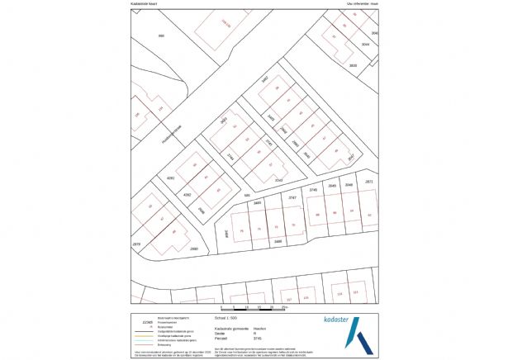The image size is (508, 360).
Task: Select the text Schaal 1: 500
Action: [226, 315]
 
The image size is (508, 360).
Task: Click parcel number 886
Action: [161, 36]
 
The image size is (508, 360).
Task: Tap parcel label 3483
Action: [223, 121]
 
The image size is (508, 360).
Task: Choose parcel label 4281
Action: [172, 178]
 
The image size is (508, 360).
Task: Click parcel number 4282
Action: [187, 196]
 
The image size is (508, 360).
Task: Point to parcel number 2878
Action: [137, 244]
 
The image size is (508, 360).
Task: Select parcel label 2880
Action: [194, 249]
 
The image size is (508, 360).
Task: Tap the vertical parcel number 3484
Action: [226, 234]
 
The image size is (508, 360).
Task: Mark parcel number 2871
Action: [369, 181]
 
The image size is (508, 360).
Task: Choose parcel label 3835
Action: [354, 64]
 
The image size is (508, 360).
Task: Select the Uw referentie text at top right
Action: [361, 4]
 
